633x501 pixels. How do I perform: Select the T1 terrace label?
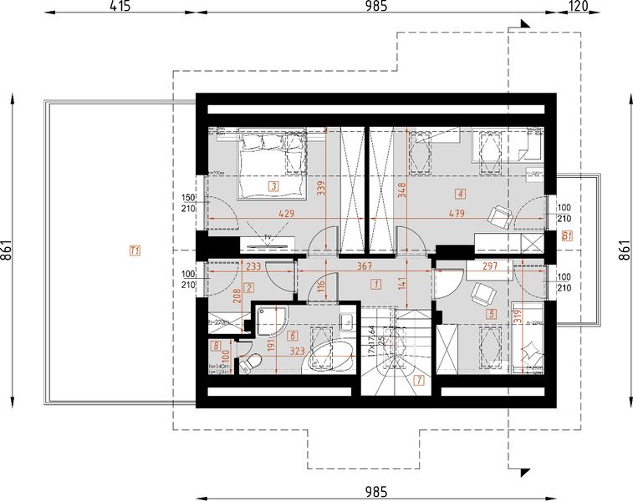coord(135,249)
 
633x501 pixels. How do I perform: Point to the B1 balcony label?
coord(567,235)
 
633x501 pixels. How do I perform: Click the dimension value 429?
coord(286,215)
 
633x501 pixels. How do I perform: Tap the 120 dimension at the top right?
coord(576,8)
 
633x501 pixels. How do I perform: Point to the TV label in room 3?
coord(268,238)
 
